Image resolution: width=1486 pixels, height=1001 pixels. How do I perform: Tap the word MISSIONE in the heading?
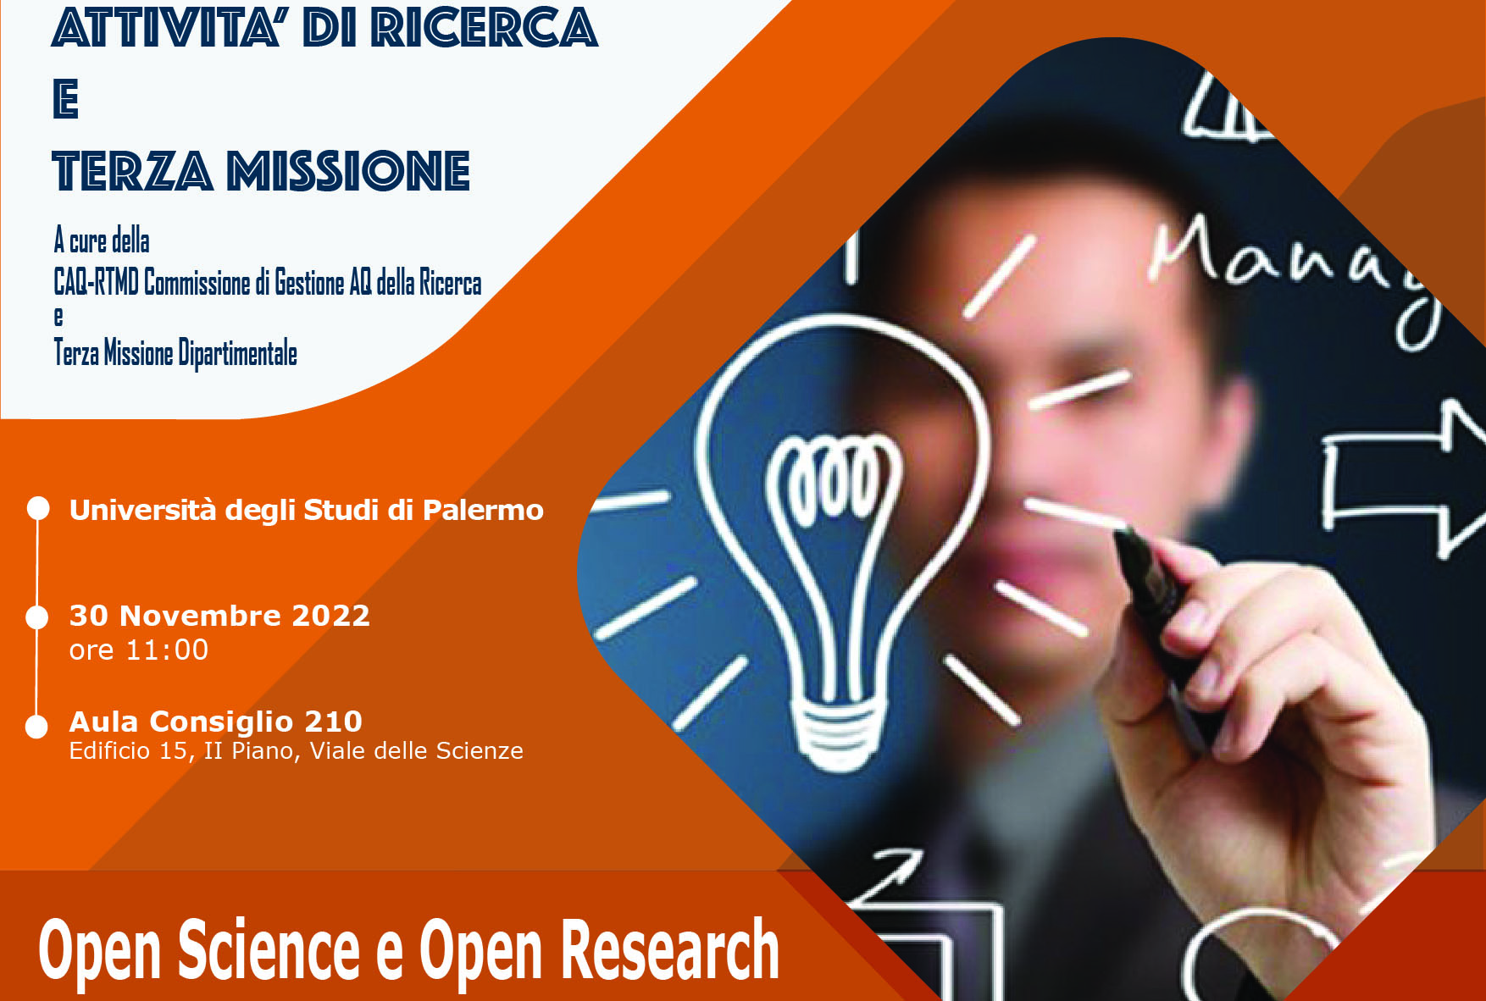click(348, 171)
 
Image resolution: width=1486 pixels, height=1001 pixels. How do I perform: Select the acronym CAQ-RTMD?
click(96, 282)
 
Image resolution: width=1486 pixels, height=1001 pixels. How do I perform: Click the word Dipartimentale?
click(237, 353)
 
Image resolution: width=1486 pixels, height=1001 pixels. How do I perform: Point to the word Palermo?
click(483, 510)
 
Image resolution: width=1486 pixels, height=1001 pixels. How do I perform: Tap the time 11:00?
click(167, 650)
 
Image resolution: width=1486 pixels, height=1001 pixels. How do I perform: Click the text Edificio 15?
click(128, 751)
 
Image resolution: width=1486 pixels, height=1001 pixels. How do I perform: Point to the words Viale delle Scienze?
click(416, 751)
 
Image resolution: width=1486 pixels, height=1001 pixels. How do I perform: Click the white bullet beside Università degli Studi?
click(38, 508)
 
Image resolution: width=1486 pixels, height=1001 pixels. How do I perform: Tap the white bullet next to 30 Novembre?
click(37, 617)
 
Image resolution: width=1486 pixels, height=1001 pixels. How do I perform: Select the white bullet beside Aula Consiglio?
click(36, 727)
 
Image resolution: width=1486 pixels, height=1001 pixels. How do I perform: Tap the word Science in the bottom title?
click(269, 950)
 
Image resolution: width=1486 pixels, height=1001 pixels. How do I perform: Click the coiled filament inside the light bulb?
click(833, 478)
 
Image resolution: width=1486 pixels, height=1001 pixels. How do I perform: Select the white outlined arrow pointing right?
click(1402, 478)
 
